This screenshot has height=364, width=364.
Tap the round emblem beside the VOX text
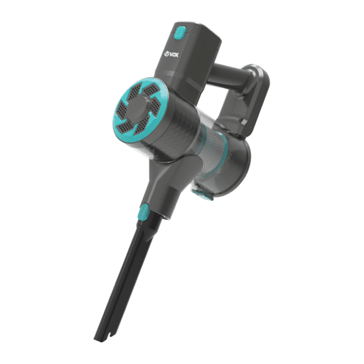pos(167,55)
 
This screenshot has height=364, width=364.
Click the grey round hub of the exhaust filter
pos(138,107)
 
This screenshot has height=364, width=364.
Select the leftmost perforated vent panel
pos(122,110)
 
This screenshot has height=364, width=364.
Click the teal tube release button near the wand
pos(143,212)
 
